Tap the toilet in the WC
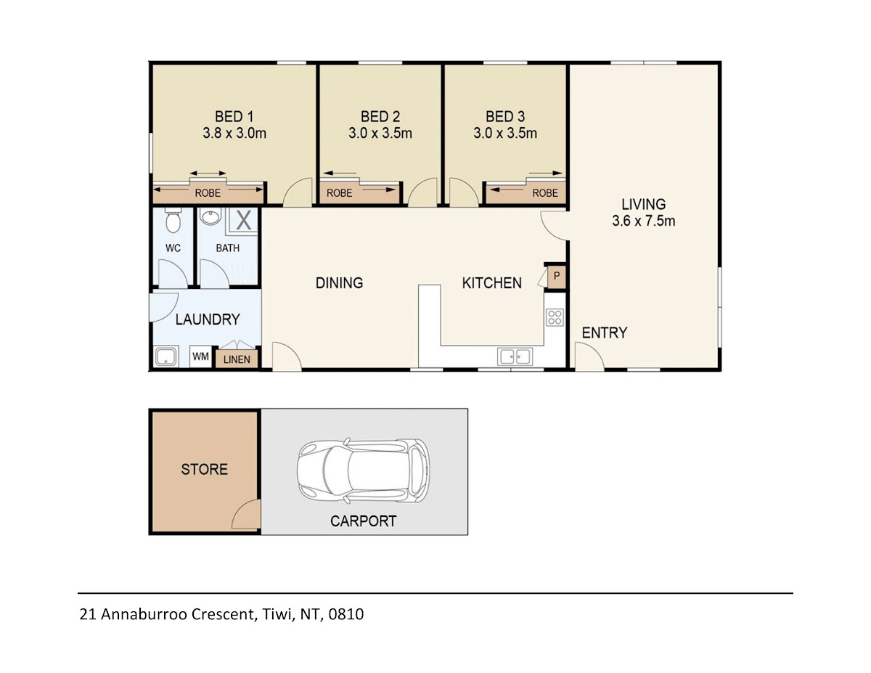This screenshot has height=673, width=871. [x=173, y=220]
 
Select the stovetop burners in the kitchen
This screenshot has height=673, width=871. [x=555, y=317]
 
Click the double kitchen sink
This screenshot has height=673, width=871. [x=515, y=356]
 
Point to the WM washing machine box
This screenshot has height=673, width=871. [x=200, y=356]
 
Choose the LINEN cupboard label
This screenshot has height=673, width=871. [x=237, y=359]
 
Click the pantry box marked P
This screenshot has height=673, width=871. [x=556, y=276]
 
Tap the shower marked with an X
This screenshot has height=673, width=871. [x=243, y=221]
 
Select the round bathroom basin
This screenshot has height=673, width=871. [x=210, y=217]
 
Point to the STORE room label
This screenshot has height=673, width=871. [x=205, y=470]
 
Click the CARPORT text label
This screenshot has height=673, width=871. [x=363, y=521]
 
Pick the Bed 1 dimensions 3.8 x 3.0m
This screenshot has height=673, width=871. [x=234, y=133]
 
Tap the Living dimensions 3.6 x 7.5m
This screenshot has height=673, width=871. [x=644, y=221]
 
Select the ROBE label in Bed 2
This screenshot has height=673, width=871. [x=339, y=193]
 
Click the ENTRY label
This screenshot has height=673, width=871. [x=605, y=333]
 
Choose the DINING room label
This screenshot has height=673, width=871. [x=339, y=283]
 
